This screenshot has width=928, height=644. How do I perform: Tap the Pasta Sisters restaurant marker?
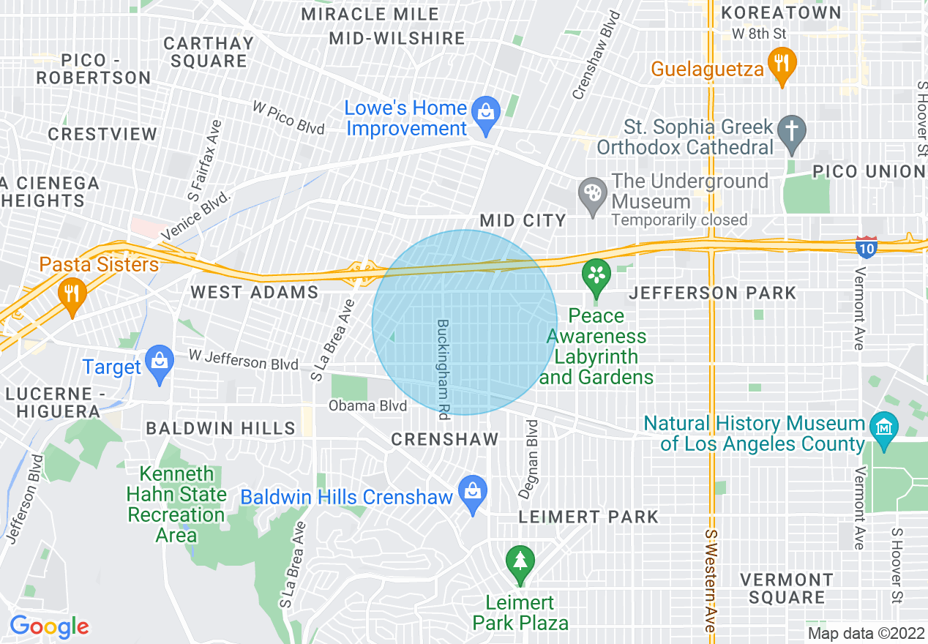pyautogui.click(x=71, y=296)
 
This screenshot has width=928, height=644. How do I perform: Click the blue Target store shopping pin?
pyautogui.click(x=158, y=362)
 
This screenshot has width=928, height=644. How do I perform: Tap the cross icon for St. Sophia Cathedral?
pyautogui.click(x=791, y=132)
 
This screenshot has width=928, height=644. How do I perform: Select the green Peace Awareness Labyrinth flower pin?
pyautogui.click(x=596, y=277)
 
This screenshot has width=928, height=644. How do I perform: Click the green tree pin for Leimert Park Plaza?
pyautogui.click(x=520, y=563)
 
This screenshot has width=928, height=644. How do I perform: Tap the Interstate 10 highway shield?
pyautogui.click(x=867, y=247)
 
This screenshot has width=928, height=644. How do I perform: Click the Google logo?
pyautogui.click(x=49, y=626)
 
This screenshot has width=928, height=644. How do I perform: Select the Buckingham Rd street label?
pyautogui.click(x=443, y=369)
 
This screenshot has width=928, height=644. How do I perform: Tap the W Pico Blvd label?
pyautogui.click(x=288, y=117)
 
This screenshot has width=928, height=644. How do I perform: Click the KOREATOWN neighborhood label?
pyautogui.click(x=781, y=12)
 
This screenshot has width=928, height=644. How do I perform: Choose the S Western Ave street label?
pyautogui.click(x=710, y=581)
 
